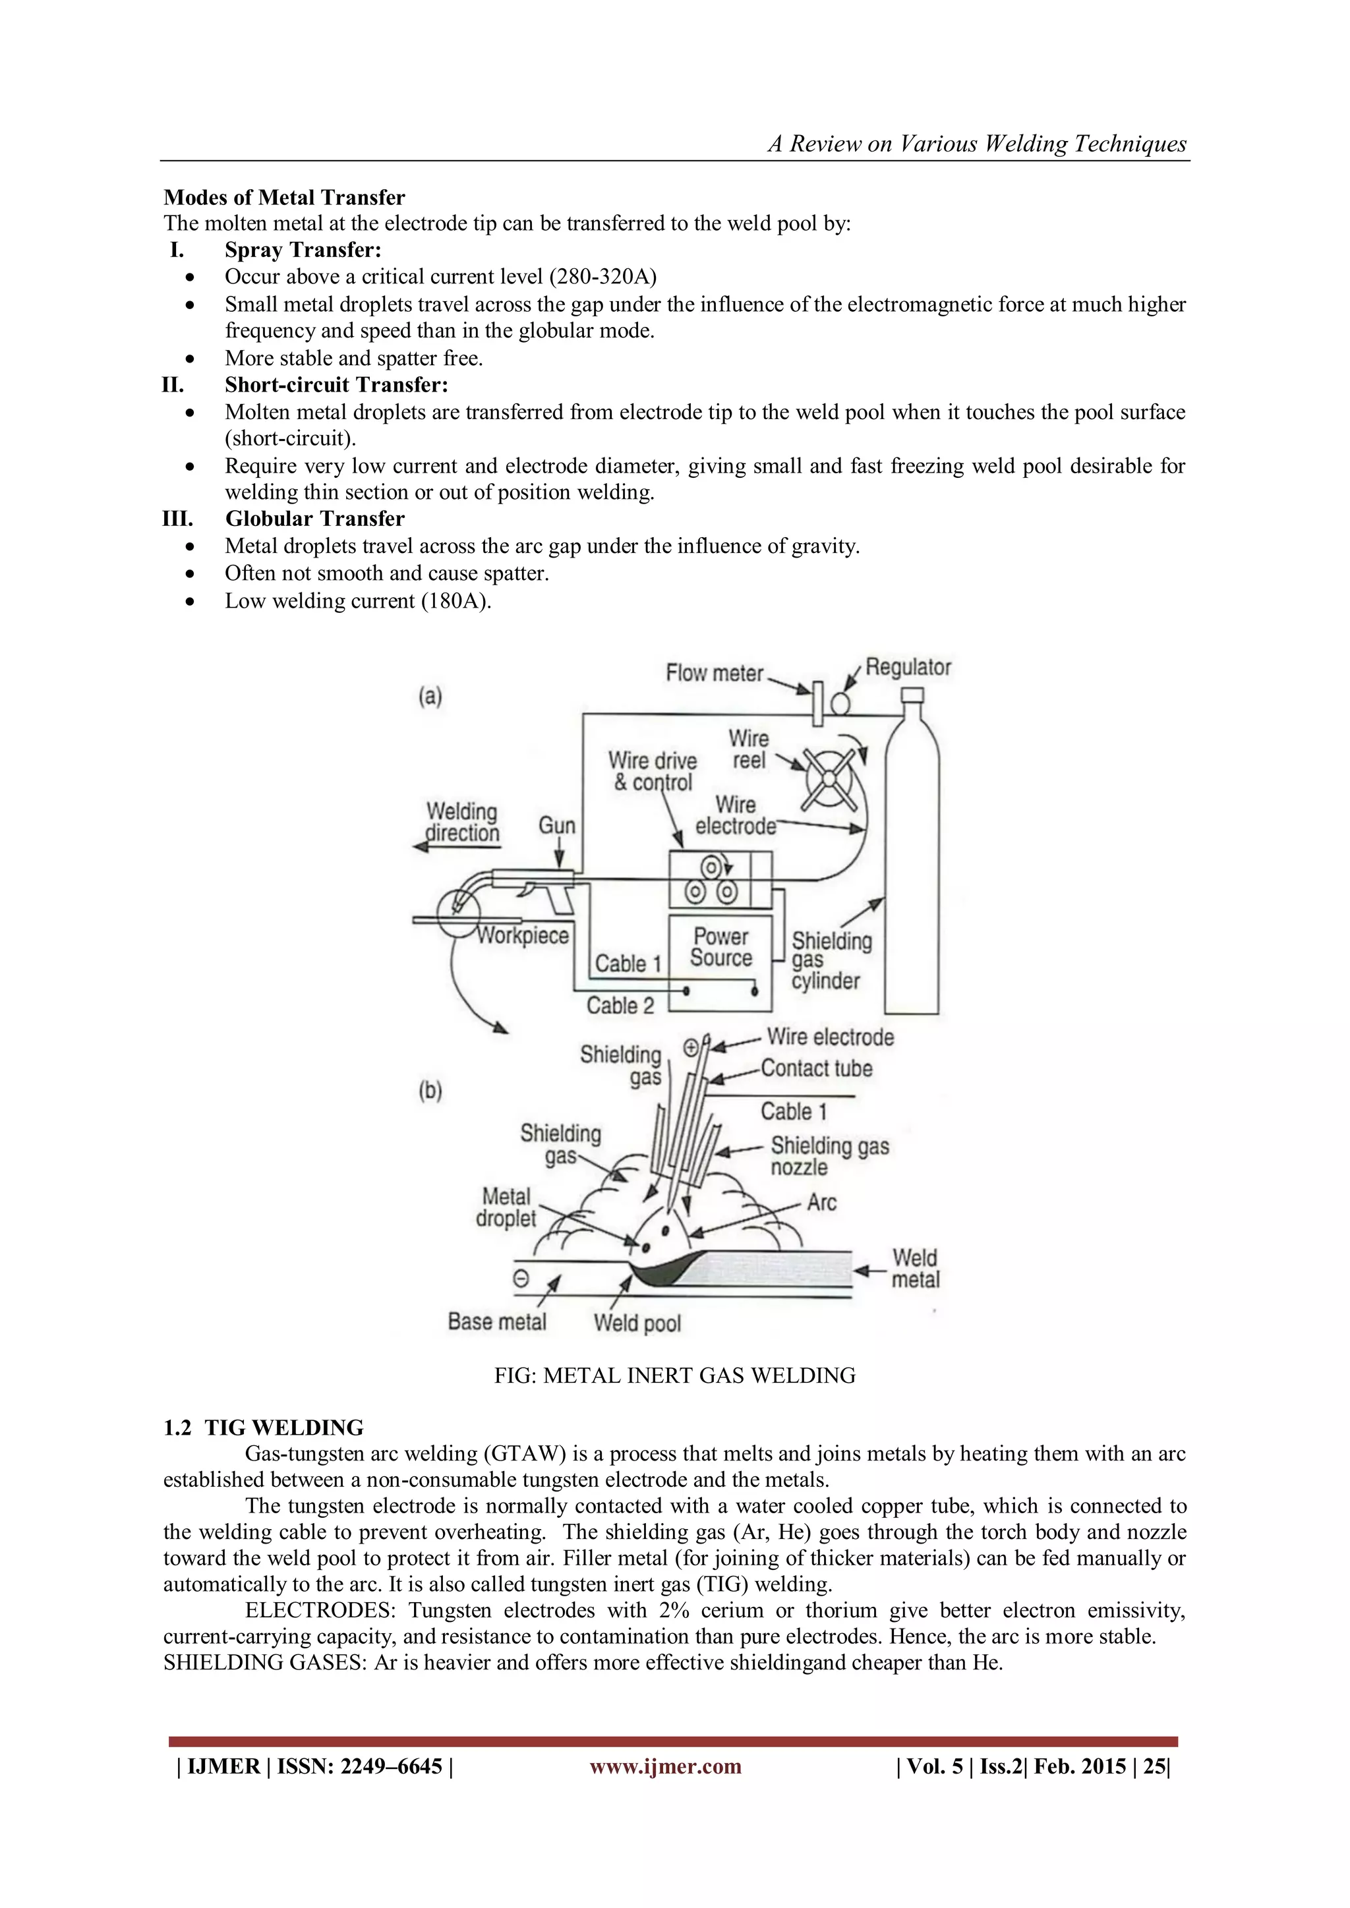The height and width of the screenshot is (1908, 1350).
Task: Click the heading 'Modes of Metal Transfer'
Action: [284, 197]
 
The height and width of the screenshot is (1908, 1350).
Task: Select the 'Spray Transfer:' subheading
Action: [303, 250]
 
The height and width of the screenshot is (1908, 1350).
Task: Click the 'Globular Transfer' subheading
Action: [314, 519]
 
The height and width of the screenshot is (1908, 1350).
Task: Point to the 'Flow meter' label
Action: [714, 673]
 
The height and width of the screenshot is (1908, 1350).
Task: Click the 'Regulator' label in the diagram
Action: [908, 667]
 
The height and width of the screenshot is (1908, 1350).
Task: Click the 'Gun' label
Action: [557, 825]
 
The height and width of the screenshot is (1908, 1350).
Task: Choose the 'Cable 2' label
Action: [620, 1006]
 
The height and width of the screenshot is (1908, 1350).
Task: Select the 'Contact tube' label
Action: [816, 1069]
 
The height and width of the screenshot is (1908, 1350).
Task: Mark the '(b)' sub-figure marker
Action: [430, 1090]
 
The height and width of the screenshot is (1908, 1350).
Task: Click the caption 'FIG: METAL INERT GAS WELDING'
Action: [674, 1375]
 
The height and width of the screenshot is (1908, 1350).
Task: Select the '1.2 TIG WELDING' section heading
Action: [264, 1428]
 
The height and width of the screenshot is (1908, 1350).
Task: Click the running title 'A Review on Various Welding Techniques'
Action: [977, 144]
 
